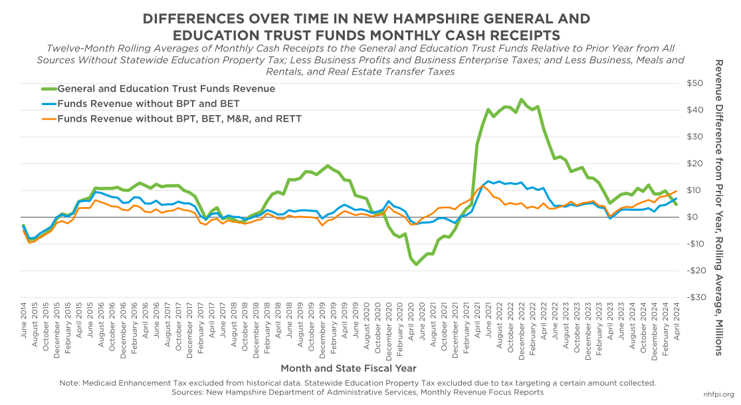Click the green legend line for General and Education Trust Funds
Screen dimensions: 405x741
[x=49, y=88]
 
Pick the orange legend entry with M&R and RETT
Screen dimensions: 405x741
[x=179, y=119]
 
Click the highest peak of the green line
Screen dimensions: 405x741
[x=521, y=100]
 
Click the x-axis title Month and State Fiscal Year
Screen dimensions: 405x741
[x=349, y=368]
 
